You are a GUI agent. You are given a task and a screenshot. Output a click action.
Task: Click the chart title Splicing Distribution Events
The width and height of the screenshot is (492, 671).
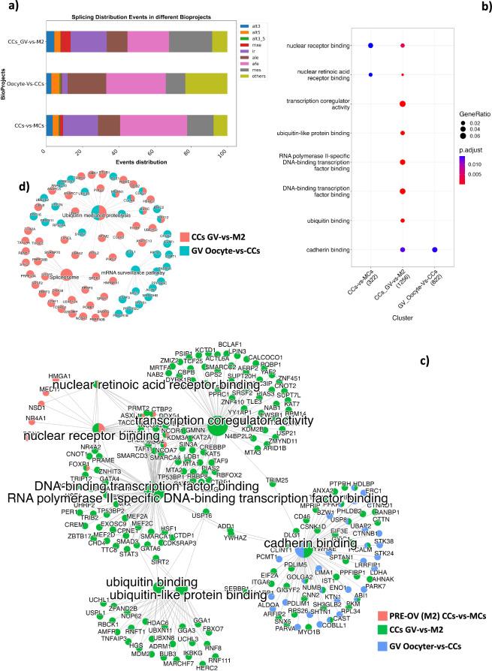click(134, 16)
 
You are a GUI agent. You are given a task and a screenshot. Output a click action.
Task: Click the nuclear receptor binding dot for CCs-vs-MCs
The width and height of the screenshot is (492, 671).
click(370, 47)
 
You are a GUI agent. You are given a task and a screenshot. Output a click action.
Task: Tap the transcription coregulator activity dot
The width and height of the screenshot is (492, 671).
click(403, 104)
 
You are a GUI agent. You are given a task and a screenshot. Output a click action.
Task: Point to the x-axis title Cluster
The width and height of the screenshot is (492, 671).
click(402, 317)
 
